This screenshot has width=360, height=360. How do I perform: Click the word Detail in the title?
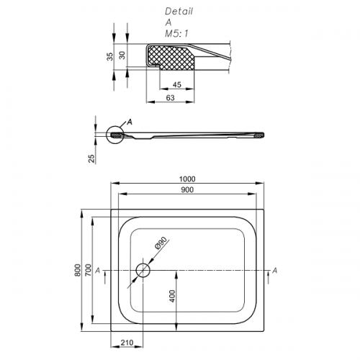point(179,12)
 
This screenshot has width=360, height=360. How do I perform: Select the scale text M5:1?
point(176,34)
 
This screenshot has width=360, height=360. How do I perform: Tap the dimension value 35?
point(110,56)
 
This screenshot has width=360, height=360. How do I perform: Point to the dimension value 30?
point(122,55)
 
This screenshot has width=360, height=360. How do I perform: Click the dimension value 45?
point(177,84)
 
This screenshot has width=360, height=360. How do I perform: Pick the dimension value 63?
point(170,98)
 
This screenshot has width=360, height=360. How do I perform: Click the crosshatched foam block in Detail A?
point(171,58)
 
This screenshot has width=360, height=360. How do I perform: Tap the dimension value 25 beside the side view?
point(92,158)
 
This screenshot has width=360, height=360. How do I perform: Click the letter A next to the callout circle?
point(130,122)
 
